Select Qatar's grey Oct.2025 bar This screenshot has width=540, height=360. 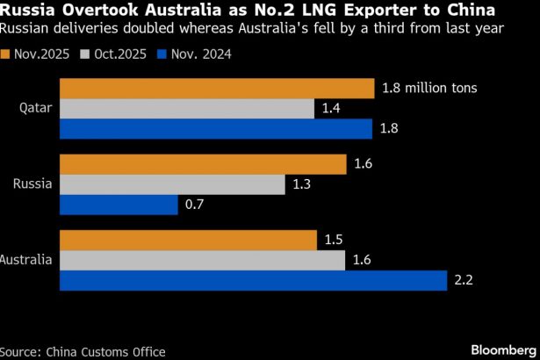click(x=187, y=108)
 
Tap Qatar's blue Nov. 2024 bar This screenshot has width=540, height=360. click(x=216, y=129)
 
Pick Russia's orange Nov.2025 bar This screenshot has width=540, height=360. click(x=203, y=164)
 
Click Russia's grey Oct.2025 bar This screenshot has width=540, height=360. click(x=172, y=184)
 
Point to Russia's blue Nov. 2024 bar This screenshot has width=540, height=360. click(x=119, y=205)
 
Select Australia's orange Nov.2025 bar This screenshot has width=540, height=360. click(x=188, y=241)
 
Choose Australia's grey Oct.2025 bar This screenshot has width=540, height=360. click(x=203, y=261)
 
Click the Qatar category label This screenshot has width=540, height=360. click(x=36, y=109)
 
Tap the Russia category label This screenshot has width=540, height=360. click(x=34, y=184)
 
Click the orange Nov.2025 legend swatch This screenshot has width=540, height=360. click(x=6, y=54)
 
